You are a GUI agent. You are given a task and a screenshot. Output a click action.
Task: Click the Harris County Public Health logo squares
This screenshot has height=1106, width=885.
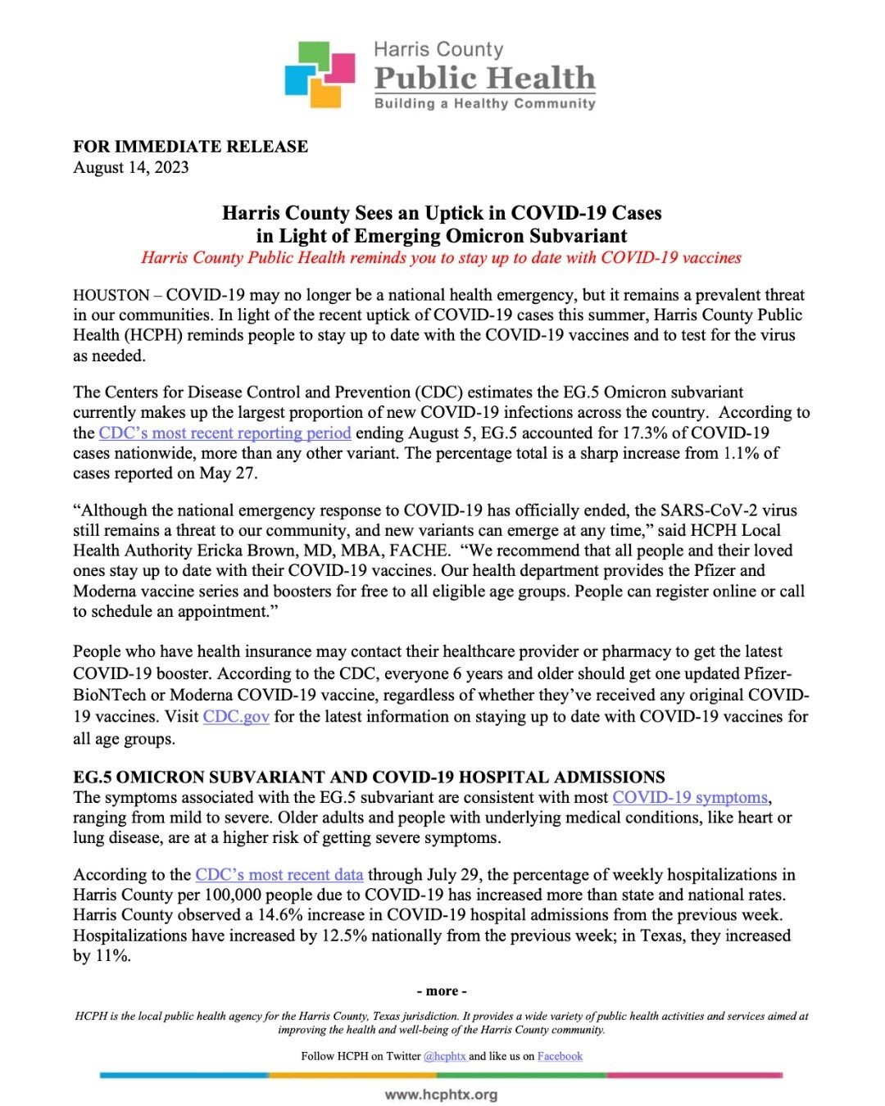click(x=320, y=75)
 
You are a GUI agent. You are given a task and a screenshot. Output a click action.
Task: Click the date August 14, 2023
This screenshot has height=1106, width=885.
click(x=131, y=167)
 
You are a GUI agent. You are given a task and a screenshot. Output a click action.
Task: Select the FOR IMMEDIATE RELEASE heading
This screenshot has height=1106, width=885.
click(x=190, y=147)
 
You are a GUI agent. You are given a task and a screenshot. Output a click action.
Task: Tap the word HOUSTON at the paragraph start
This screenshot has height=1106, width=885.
click(x=111, y=295)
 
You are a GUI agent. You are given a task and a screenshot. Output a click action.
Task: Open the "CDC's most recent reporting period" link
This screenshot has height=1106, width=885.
click(x=225, y=433)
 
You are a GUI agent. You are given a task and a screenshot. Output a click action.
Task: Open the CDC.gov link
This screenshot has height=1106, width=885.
click(x=236, y=716)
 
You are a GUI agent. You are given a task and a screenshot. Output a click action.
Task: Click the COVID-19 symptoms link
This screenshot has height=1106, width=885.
click(x=690, y=797)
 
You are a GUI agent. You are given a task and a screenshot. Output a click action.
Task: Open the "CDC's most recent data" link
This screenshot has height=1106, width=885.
click(x=279, y=874)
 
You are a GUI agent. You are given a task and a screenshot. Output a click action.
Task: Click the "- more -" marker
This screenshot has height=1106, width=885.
click(x=442, y=990)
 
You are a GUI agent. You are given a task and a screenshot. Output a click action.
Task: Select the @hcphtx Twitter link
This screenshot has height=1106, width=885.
click(x=444, y=1056)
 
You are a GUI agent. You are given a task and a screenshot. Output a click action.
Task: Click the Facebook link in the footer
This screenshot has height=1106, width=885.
click(x=560, y=1056)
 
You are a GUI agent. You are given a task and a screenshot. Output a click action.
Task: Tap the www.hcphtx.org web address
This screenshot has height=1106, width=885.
click(x=441, y=1095)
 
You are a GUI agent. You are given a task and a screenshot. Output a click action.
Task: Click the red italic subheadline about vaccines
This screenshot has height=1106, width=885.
click(x=441, y=257)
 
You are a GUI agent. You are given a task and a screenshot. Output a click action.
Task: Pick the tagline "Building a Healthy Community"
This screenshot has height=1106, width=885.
click(x=484, y=103)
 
